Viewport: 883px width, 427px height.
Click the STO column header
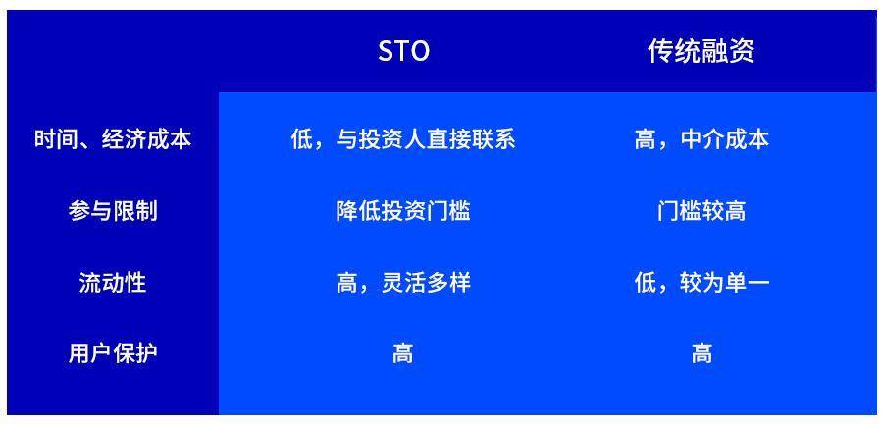(403, 52)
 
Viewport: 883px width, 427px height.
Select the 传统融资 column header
(701, 52)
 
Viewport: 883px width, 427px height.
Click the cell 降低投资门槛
(403, 211)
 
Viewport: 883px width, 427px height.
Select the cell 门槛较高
(701, 211)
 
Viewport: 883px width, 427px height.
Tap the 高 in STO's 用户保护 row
(403, 353)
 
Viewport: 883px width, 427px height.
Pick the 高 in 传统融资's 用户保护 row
(701, 353)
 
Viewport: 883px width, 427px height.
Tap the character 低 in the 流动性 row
(645, 283)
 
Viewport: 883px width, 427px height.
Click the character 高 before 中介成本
(645, 139)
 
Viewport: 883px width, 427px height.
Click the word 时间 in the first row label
(56, 139)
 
